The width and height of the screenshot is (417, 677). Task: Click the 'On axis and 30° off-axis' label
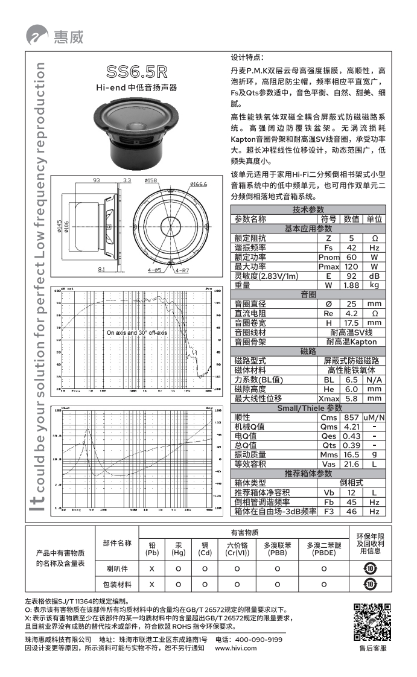pyautogui.click(x=137, y=332)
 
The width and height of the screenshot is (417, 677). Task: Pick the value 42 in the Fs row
pyautogui.click(x=351, y=248)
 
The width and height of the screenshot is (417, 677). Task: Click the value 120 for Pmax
pyautogui.click(x=351, y=267)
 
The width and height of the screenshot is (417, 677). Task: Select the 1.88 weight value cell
pyautogui.click(x=351, y=285)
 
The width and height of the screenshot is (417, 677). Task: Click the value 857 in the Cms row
pyautogui.click(x=351, y=418)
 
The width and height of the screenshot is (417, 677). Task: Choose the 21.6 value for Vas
pyautogui.click(x=351, y=464)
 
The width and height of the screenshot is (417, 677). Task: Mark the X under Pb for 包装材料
pyautogui.click(x=152, y=584)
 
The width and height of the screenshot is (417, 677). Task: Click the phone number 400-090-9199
pyautogui.click(x=259, y=639)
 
